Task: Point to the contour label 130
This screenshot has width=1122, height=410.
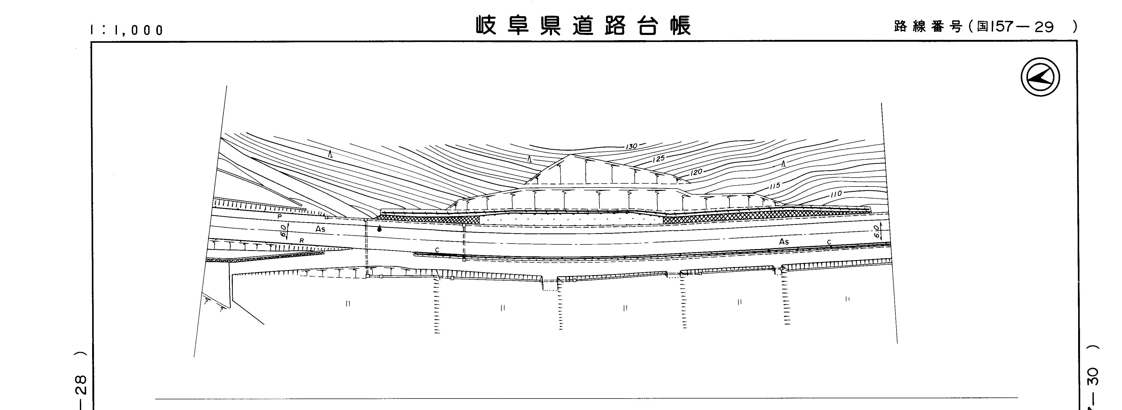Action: pyautogui.click(x=631, y=147)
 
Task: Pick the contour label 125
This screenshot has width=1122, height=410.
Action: pyautogui.click(x=658, y=159)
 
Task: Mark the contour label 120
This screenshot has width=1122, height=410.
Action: pyautogui.click(x=697, y=172)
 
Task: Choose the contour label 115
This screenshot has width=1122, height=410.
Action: pyautogui.click(x=774, y=186)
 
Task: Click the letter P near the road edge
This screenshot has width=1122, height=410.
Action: pyautogui.click(x=280, y=216)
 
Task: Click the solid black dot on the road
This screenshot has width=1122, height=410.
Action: pyautogui.click(x=379, y=229)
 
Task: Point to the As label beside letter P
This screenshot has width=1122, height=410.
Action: pyautogui.click(x=320, y=229)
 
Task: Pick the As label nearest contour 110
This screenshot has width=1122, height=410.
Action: pyautogui.click(x=784, y=242)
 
